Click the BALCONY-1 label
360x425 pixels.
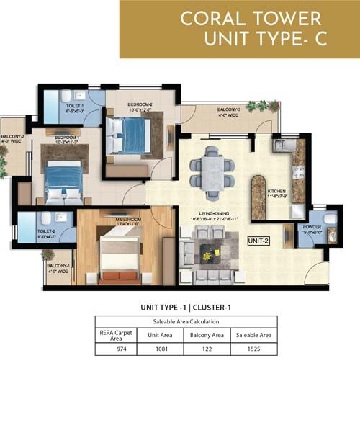pos(58,268)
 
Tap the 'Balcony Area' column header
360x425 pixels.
pos(206,335)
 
